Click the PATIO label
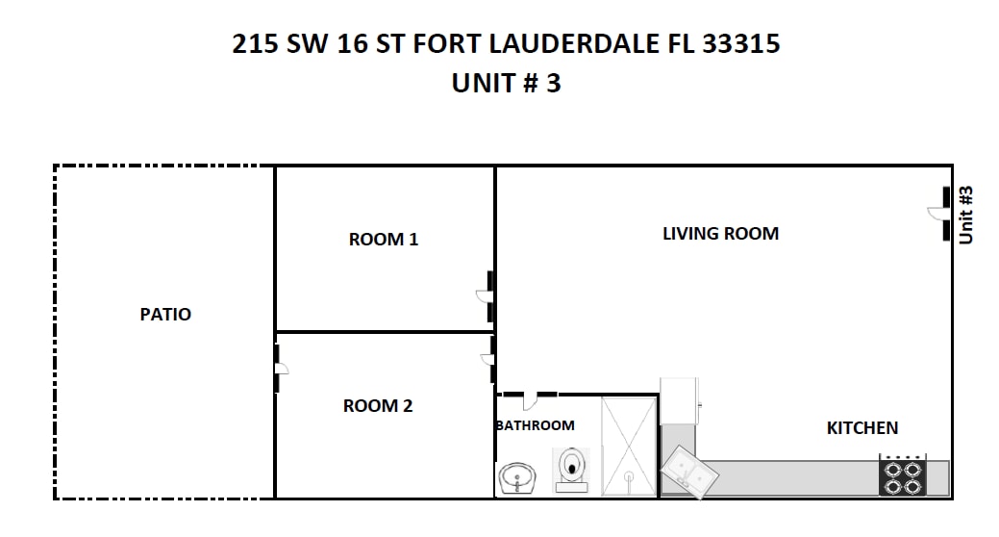[x=165, y=314]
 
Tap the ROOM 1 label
[x=384, y=240]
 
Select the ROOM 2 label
[x=378, y=405]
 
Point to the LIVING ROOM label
[x=720, y=234]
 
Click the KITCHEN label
[x=862, y=428]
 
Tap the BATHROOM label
[x=536, y=425]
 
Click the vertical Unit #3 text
[x=966, y=215]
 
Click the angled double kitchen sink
[x=689, y=473]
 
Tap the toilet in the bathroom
[x=571, y=470]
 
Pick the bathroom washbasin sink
[x=517, y=478]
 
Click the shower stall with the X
[x=629, y=446]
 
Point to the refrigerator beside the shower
[x=679, y=400]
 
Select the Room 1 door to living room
[x=487, y=296]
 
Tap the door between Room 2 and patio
[x=280, y=369]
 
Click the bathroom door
[x=530, y=399]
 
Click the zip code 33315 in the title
[x=741, y=44]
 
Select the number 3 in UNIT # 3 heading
[x=553, y=84]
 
